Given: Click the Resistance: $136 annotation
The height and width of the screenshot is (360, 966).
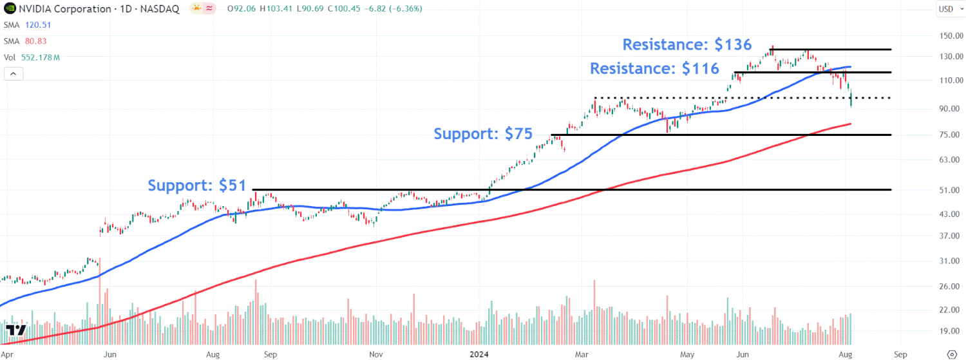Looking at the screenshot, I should coord(687,44).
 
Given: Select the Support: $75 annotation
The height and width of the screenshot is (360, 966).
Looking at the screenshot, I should coord(483,134).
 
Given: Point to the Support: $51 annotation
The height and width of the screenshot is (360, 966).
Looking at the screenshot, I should coord(197,185).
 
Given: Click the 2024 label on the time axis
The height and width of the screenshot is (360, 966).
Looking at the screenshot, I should coord(480,354).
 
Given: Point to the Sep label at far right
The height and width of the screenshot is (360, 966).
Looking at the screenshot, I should coord(900,354).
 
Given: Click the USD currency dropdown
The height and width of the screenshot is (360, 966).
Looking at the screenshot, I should coord(947,8).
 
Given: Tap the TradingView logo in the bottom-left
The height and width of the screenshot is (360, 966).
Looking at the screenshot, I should coord(16,331).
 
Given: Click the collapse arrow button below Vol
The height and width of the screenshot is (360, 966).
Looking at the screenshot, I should coord(14,74).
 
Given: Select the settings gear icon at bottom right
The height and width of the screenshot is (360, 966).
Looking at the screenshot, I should coord(954,354).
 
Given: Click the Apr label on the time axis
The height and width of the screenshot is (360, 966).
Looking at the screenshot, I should coord(7,354).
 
